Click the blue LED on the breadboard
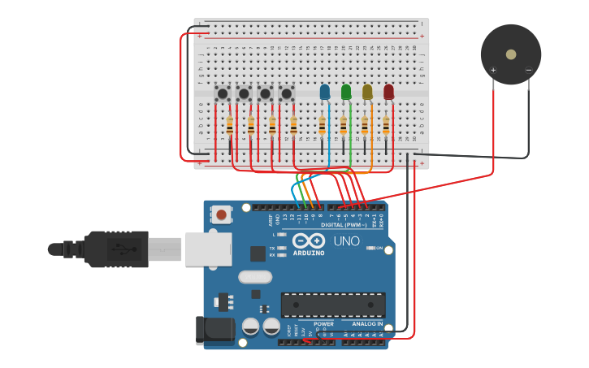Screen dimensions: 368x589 [325, 92]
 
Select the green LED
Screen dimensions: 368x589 [346, 92]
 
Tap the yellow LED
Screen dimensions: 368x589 [367, 92]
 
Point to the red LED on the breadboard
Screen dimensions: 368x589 [388, 92]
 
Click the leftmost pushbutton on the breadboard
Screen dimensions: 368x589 [222, 93]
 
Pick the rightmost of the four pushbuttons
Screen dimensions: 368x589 [286, 93]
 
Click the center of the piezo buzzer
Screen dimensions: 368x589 [510, 54]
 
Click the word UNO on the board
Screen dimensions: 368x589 [346, 241]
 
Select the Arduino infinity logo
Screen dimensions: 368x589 [309, 241]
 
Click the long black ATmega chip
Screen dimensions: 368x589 [333, 305]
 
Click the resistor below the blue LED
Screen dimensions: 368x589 [322, 125]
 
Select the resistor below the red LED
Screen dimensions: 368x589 [386, 125]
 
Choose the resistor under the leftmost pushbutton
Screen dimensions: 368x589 [230, 126]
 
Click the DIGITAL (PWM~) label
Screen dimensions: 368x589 [344, 225]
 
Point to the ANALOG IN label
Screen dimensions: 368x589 [367, 323]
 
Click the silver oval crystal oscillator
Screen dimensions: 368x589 [255, 277]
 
